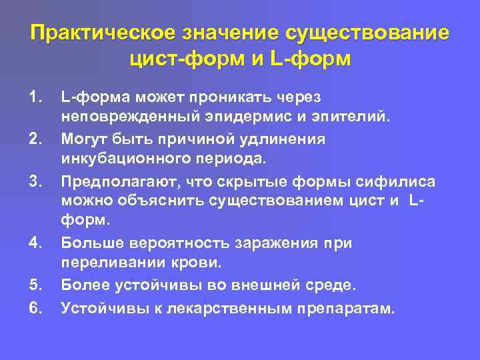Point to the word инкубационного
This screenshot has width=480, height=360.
pos(129,159)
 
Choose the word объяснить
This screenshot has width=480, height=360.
pos(167,201)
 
